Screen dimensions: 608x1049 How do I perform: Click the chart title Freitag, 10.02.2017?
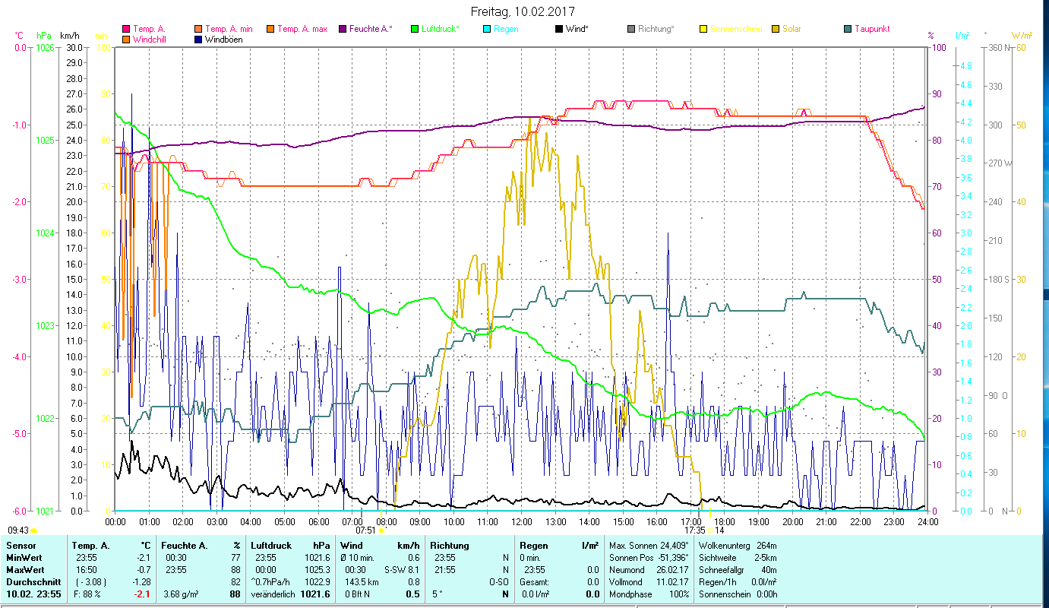coord(523,11)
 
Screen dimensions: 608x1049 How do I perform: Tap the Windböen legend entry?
coord(224,40)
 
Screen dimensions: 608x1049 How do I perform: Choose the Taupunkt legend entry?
coord(871,29)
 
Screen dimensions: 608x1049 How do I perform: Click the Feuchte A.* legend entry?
coord(371,29)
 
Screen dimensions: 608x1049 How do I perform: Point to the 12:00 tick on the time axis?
coord(521,522)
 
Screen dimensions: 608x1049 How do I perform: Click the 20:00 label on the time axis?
coord(792,522)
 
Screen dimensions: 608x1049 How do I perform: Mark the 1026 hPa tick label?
coord(45,48)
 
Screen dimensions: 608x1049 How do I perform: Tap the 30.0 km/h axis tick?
coord(74,48)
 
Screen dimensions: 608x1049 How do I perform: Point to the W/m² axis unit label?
coord(1020,36)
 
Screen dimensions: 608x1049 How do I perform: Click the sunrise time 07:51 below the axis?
coord(365,530)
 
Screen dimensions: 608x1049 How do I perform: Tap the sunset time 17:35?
coord(694,530)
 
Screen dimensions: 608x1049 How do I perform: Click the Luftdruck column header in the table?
coord(271,546)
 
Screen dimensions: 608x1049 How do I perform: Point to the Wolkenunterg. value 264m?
coord(767,546)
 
